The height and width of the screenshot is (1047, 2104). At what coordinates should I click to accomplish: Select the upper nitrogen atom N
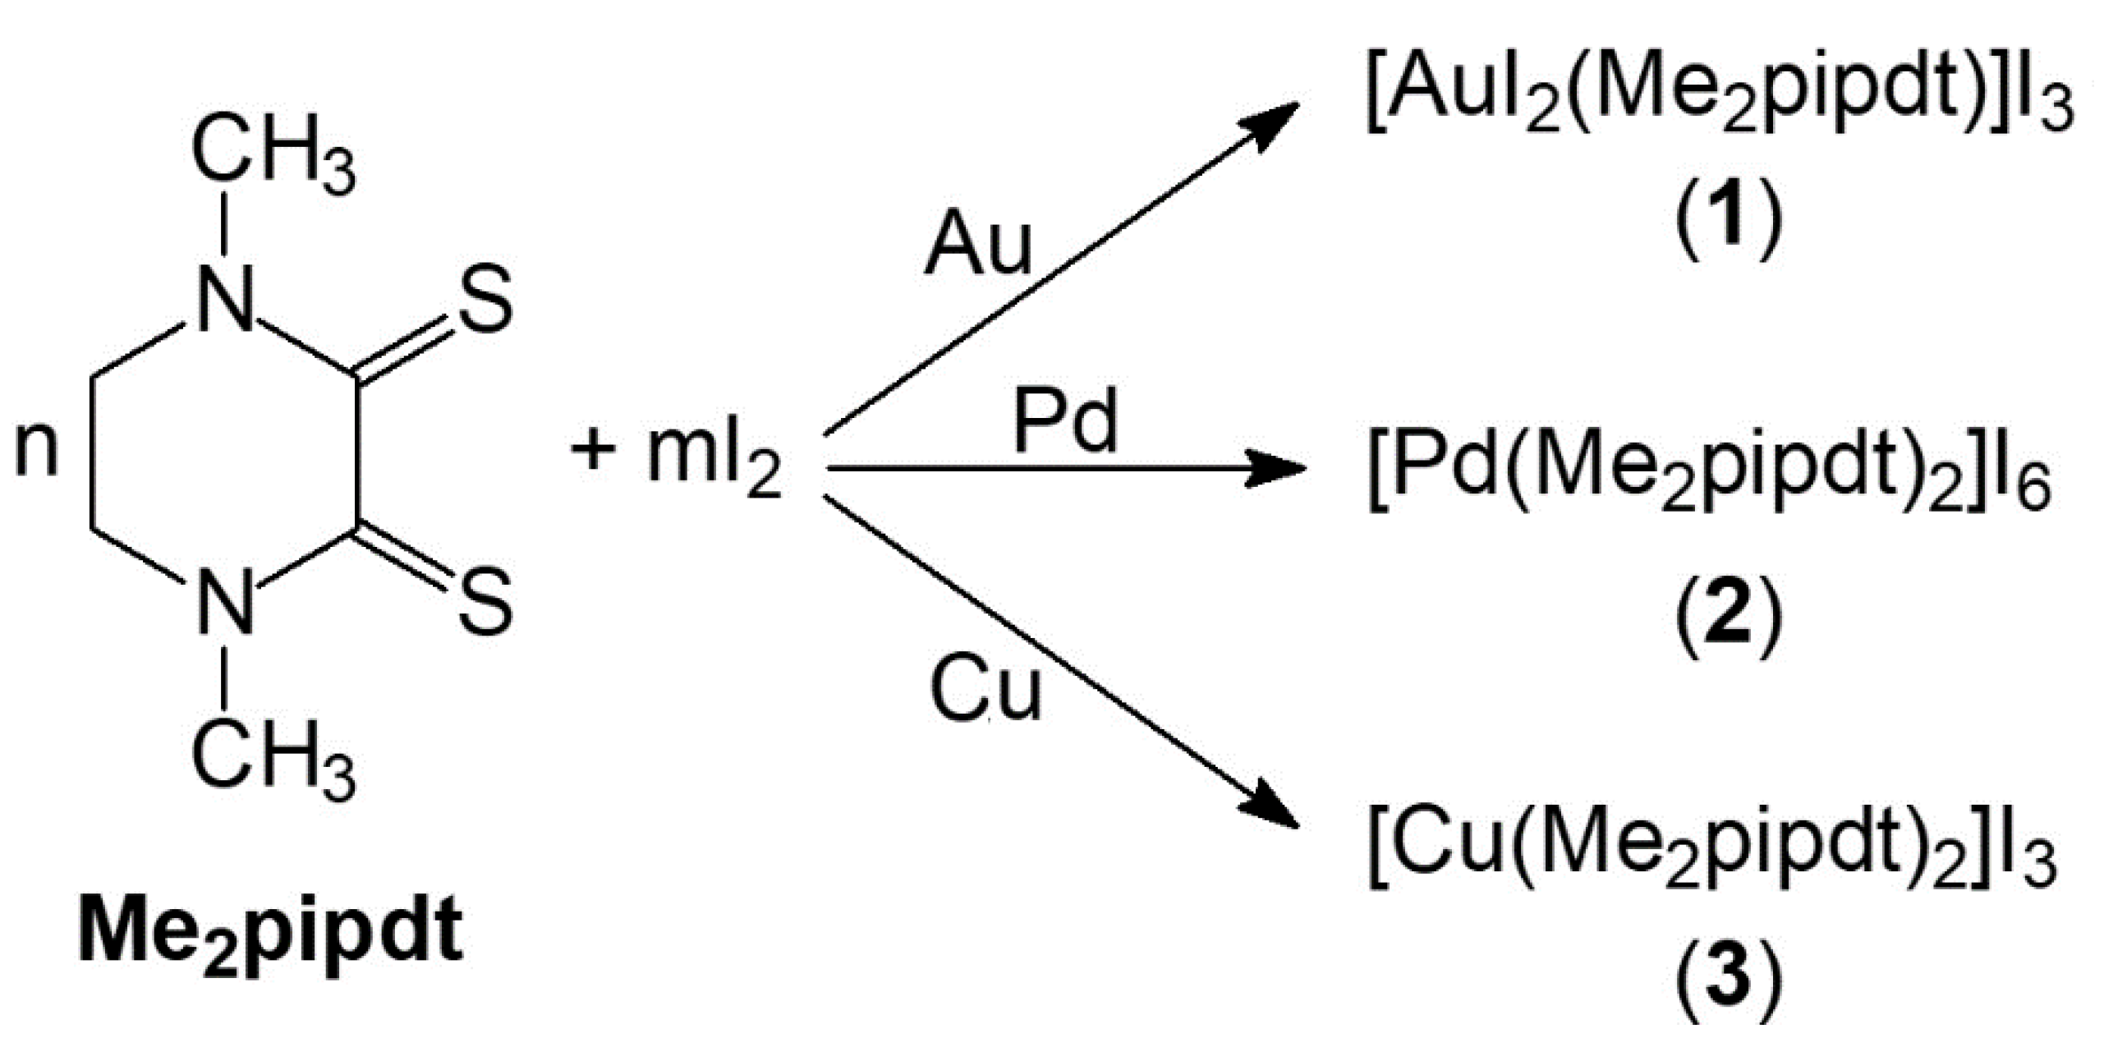coord(224,301)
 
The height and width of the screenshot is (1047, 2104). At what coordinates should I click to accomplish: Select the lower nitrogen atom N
coord(224,604)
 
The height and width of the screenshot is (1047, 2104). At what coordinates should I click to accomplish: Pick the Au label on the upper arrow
coord(977,245)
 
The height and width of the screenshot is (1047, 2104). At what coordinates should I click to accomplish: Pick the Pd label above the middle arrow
coord(1065,420)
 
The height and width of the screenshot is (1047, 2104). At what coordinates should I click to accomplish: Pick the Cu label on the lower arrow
coord(985,691)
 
